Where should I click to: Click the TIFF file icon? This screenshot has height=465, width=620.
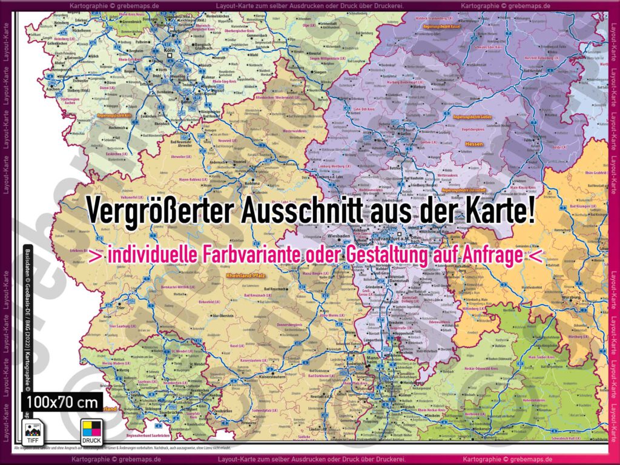pos(31,431)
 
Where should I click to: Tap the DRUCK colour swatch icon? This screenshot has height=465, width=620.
pos(91,431)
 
